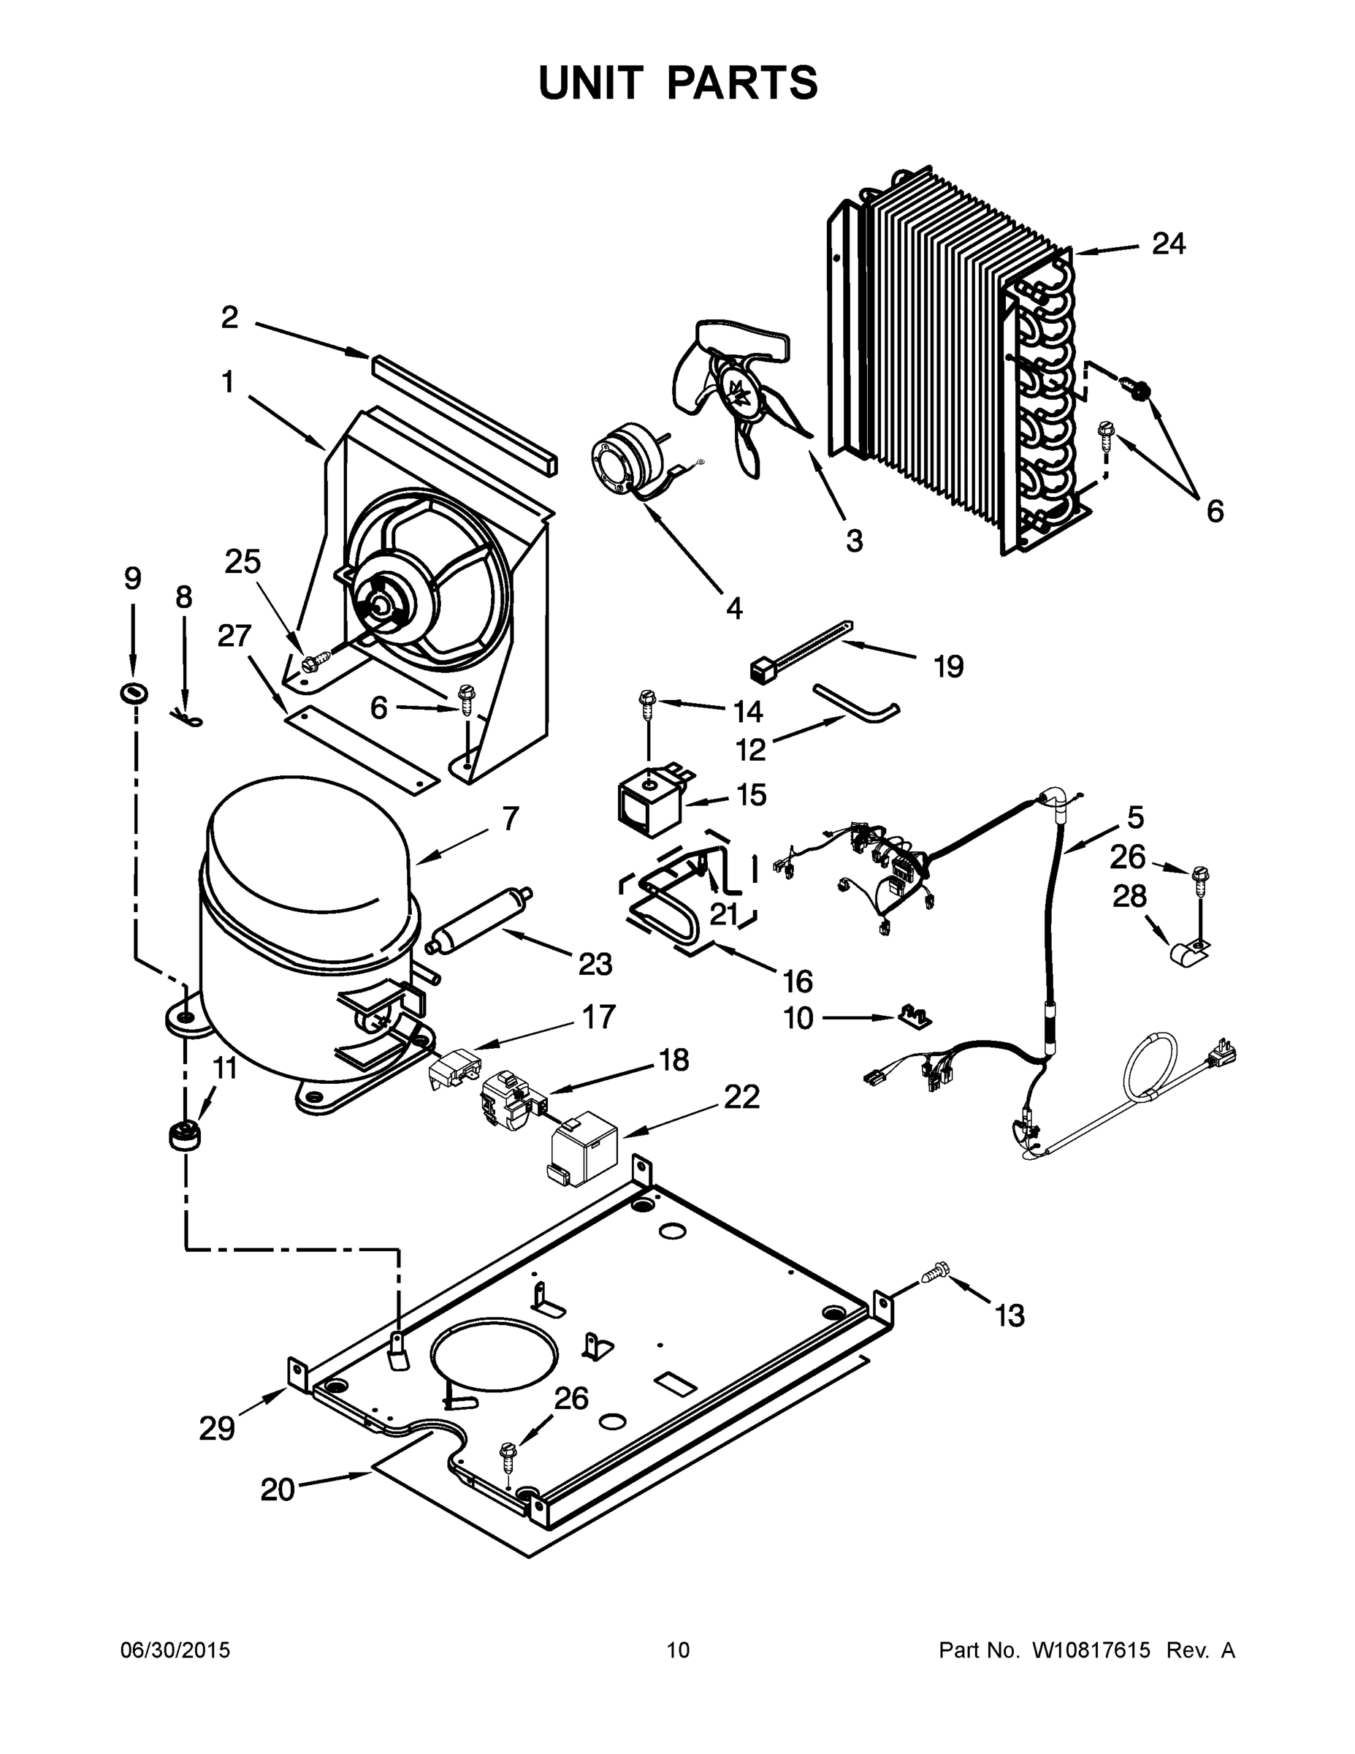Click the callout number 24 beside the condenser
tap(1169, 243)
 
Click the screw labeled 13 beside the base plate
tap(935, 1272)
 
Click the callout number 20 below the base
tap(278, 1489)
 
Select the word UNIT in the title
tap(591, 83)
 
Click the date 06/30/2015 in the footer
tap(175, 1650)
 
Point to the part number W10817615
tap(1090, 1650)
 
